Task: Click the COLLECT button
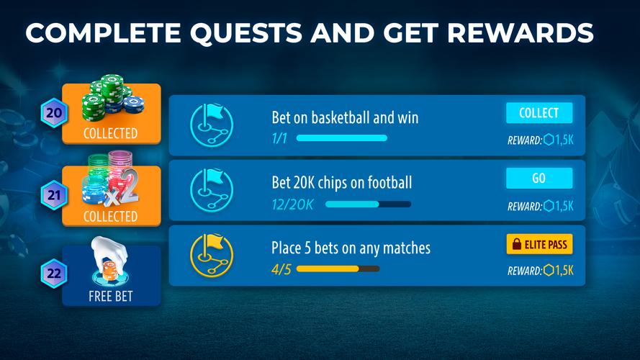[x=538, y=113]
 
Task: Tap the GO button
[x=538, y=178]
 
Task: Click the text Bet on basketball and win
[x=345, y=117]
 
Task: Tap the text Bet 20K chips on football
[x=341, y=182]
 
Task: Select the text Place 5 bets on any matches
[x=351, y=248]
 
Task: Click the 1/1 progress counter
[x=279, y=138]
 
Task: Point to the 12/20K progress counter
[x=292, y=204]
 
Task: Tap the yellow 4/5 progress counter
[x=280, y=269]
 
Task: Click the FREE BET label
[x=110, y=296]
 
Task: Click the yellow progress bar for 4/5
[x=338, y=269]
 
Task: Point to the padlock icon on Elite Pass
[x=515, y=245]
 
